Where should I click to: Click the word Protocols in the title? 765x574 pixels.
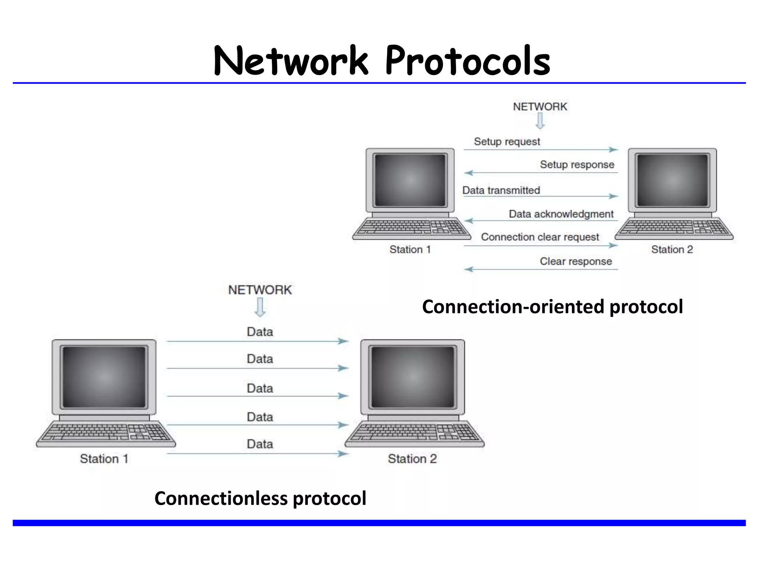click(x=468, y=61)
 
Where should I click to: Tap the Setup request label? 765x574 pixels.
click(x=507, y=142)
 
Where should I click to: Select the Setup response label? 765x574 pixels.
click(x=577, y=164)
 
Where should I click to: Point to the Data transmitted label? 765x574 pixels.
click(x=501, y=190)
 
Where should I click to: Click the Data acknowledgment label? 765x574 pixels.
click(x=561, y=214)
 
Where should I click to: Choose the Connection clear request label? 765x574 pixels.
click(x=539, y=237)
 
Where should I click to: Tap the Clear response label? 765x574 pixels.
click(x=576, y=261)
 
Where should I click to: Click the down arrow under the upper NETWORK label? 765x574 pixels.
click(x=540, y=121)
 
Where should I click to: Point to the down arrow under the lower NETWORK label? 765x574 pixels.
click(x=260, y=307)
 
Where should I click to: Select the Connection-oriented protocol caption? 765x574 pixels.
click(x=552, y=307)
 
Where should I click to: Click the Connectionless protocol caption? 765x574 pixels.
click(x=260, y=498)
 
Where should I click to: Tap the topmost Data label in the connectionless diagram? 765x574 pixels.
click(x=260, y=332)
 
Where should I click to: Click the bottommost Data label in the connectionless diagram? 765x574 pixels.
click(x=260, y=444)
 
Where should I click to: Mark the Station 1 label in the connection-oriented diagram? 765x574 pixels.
click(x=410, y=249)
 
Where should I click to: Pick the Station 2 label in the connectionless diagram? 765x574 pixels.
click(x=412, y=459)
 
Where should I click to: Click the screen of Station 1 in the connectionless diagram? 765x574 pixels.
click(x=104, y=377)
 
